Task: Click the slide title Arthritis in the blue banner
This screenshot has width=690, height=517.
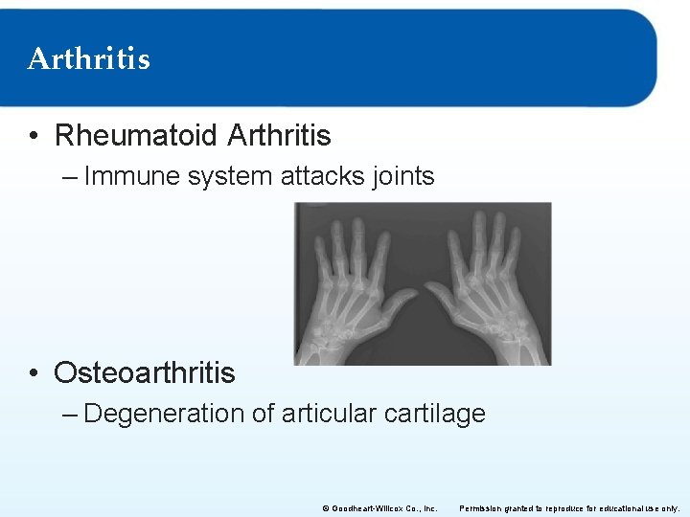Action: click(89, 59)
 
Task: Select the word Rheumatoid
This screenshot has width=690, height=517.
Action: click(136, 136)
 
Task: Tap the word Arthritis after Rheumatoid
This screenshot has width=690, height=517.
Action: click(279, 136)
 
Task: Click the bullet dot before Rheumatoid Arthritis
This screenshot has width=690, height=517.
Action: click(34, 137)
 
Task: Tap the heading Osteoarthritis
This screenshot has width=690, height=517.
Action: click(144, 372)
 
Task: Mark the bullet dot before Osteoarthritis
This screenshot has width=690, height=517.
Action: click(34, 373)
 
